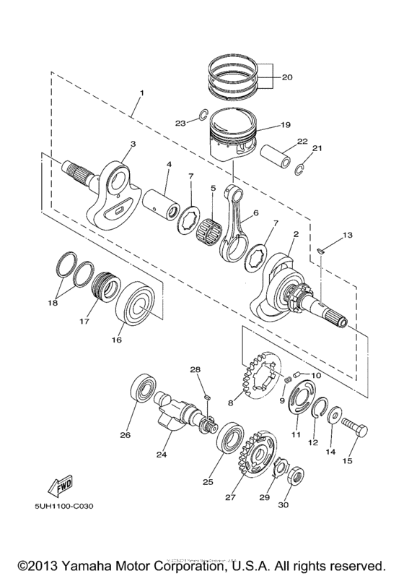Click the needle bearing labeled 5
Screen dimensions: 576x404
click(x=210, y=218)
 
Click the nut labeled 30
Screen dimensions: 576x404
click(x=297, y=478)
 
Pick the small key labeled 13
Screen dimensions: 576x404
click(x=321, y=251)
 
